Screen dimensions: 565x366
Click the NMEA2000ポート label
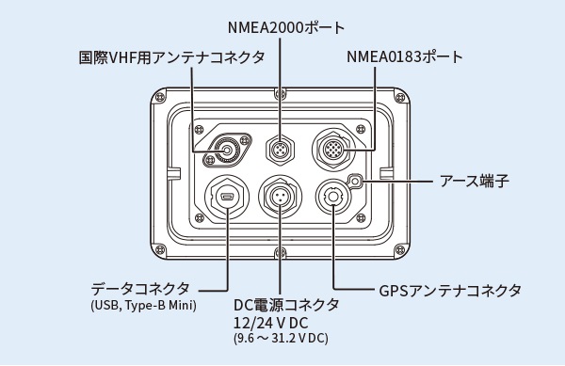pos(286,27)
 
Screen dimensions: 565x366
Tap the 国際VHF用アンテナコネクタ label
pos(172,57)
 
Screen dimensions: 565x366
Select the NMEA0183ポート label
pos(405,56)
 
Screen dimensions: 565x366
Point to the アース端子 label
pos(475,181)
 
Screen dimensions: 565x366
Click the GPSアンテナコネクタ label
pos(450,290)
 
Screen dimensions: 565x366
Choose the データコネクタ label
pos(140,289)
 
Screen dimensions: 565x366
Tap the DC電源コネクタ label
pos(286,305)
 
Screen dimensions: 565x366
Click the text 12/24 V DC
pos(271,323)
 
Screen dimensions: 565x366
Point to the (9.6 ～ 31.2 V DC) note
pos(281,339)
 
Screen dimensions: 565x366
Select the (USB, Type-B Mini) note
pos(144,306)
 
